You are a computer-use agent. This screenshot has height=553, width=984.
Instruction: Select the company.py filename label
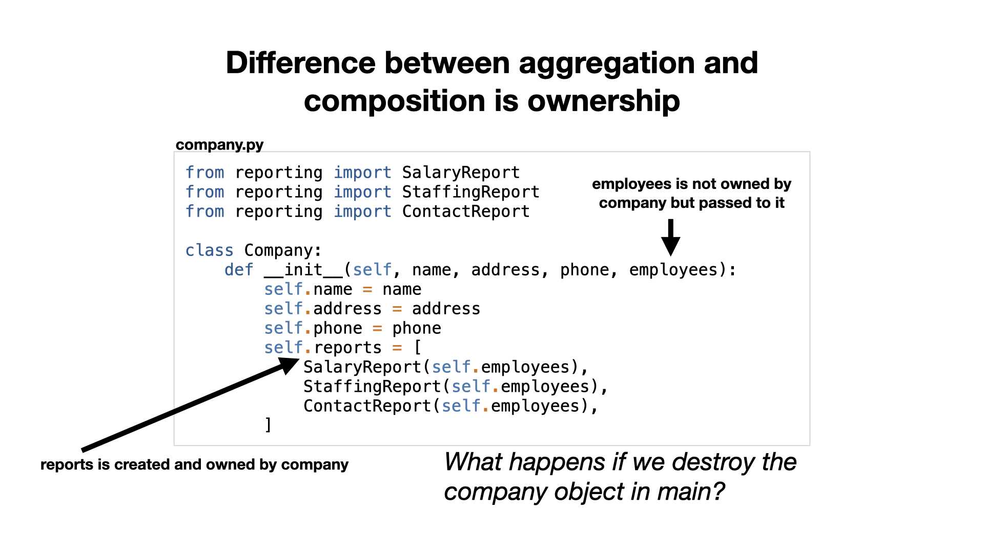pos(219,145)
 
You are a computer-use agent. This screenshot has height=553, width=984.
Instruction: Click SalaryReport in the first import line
pos(461,173)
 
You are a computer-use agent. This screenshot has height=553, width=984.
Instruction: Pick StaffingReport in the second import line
pos(470,192)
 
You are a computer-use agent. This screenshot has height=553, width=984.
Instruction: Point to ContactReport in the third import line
pos(466,211)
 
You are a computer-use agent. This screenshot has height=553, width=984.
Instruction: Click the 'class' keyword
pos(209,250)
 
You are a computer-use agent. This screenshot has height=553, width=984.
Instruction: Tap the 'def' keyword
pos(239,270)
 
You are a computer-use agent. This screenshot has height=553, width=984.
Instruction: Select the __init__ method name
pos(303,270)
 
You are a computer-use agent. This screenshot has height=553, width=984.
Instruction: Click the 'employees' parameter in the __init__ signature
pos(673,270)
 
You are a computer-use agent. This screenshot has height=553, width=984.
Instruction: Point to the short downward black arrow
pos(670,238)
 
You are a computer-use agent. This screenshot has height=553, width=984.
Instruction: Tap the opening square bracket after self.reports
pos(418,348)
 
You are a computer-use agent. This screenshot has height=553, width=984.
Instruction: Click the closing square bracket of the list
pos(268,425)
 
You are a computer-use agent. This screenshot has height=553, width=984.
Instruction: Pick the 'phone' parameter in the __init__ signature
pos(584,270)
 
